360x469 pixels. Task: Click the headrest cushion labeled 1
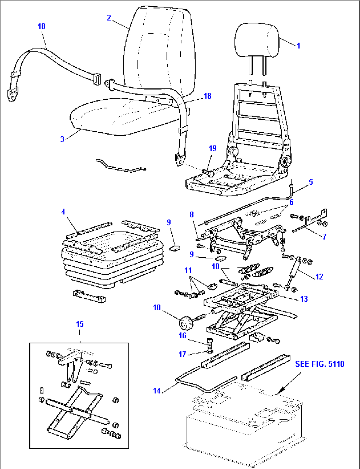click(x=256, y=41)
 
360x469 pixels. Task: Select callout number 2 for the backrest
click(x=109, y=18)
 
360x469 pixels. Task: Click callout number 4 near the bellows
click(x=63, y=212)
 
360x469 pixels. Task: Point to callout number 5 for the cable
click(x=311, y=182)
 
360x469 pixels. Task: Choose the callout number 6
click(x=291, y=202)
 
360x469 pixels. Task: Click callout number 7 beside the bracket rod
click(x=324, y=237)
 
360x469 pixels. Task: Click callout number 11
click(x=188, y=270)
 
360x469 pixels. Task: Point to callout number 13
click(x=304, y=299)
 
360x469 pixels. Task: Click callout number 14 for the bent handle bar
click(x=157, y=391)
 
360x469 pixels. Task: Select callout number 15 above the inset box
click(x=80, y=324)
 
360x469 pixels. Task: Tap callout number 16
click(x=183, y=335)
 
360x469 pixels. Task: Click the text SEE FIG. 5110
click(x=320, y=364)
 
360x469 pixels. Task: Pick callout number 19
click(x=213, y=148)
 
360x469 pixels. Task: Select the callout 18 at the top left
click(x=42, y=26)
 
